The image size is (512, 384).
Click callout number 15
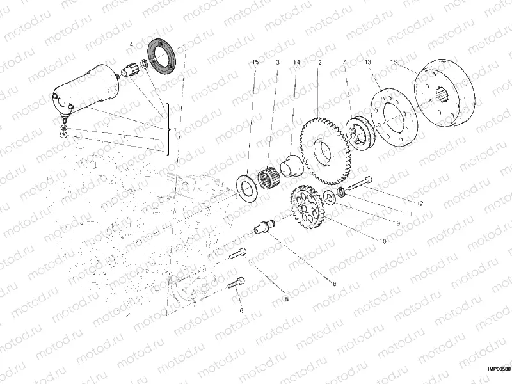pos(255,62)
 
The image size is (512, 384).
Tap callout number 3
pos(278,62)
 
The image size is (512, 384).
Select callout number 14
pos(296,62)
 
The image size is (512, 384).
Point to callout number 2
pos(319,62)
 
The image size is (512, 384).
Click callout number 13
pos(369,62)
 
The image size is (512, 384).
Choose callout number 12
pos(420,204)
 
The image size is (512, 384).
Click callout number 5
pos(286,298)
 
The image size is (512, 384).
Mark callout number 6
pos(241,311)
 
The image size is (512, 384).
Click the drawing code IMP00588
pos(498,368)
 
